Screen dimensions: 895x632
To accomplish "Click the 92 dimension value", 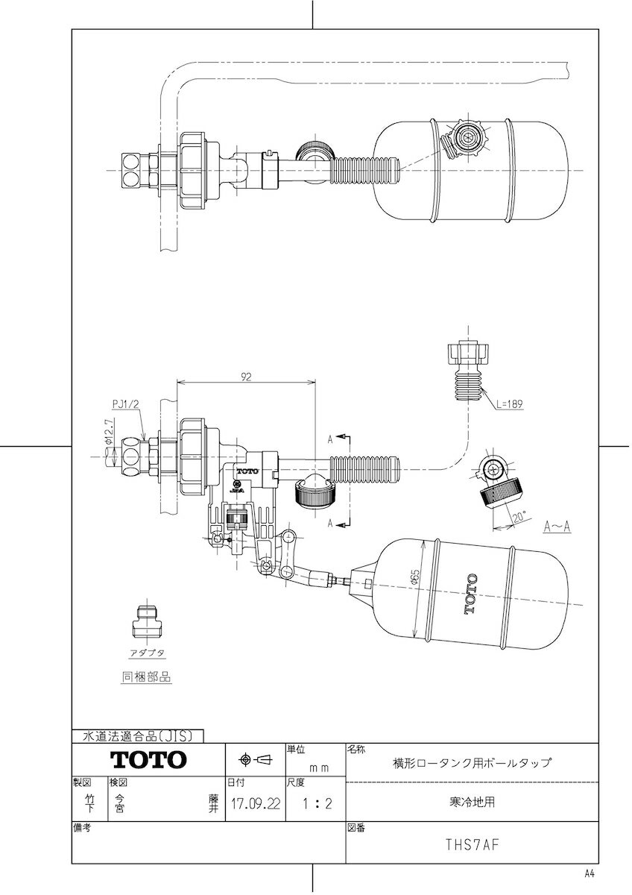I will pyautogui.click(x=244, y=377).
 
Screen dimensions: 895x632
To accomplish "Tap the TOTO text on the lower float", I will pyautogui.click(x=470, y=594).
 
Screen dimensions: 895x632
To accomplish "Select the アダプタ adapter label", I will pyautogui.click(x=147, y=652).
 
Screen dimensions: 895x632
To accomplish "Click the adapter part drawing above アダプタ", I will pyautogui.click(x=147, y=621).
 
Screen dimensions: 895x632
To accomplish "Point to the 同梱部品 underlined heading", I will pyautogui.click(x=146, y=678).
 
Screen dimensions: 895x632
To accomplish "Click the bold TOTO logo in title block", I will pyautogui.click(x=148, y=760).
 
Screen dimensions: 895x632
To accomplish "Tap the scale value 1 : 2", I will pyautogui.click(x=314, y=805).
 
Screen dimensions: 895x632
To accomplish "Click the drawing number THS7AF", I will pyautogui.click(x=472, y=845).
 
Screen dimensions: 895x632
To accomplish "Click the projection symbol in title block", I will pyautogui.click(x=255, y=760).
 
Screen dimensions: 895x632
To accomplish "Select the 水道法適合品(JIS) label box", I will pyautogui.click(x=137, y=736).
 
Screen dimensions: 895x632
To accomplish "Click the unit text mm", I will pyautogui.click(x=319, y=766).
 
